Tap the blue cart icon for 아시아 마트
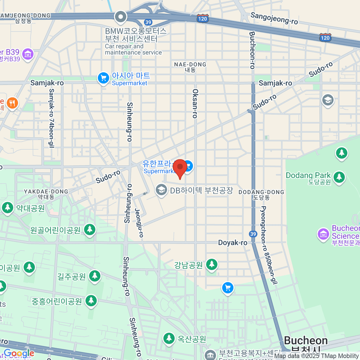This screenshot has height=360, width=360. (x=103, y=78)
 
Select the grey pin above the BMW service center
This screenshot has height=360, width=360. (x=121, y=17)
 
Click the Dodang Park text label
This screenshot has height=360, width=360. (x=308, y=175)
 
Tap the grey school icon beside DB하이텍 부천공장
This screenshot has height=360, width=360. (x=161, y=190)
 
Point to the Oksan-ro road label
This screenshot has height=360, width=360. (x=195, y=103)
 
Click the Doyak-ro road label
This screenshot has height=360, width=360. (x=232, y=242)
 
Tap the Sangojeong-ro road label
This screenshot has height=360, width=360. (x=274, y=18)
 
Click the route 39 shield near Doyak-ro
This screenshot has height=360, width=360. (x=253, y=234)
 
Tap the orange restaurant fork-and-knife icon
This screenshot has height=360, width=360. (x=12, y=103)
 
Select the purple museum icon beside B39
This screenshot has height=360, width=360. (x=28, y=54)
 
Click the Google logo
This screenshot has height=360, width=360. (x=19, y=354)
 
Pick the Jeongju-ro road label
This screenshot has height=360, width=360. (x=139, y=223)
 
